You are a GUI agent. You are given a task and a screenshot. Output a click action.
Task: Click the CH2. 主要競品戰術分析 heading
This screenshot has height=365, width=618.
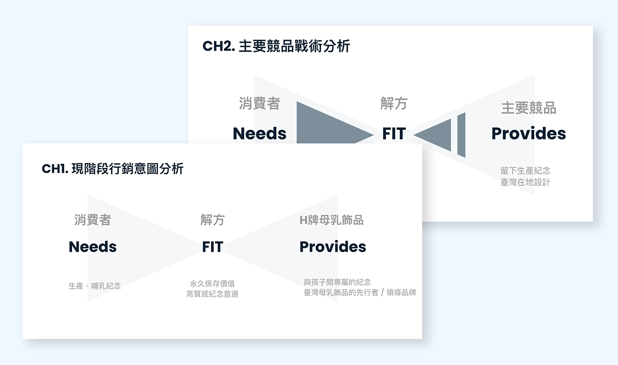276,47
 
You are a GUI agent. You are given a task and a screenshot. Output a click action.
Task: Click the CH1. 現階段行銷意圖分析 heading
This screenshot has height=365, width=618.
113,169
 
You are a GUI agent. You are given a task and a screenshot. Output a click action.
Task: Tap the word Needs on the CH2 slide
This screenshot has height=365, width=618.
259,133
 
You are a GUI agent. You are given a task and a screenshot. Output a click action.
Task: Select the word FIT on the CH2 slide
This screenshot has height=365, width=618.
394,133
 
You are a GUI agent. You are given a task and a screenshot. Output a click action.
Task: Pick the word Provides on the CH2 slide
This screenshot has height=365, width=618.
528,133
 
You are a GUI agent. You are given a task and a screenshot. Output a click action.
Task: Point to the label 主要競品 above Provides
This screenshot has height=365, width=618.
528,108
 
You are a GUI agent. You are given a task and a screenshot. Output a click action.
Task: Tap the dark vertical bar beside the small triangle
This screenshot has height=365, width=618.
461,134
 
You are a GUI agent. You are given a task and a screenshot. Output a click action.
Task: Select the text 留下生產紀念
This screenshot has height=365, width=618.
525,171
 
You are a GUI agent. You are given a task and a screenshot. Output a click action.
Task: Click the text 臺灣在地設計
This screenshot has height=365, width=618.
525,182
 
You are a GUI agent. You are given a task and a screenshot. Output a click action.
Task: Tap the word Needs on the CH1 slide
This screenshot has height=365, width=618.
93,247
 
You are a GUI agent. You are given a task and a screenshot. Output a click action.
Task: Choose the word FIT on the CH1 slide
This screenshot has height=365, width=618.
212,247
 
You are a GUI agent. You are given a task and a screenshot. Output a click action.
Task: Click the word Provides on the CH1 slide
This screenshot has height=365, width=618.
333,247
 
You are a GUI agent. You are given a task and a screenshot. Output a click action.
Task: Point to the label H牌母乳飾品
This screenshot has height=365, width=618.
331,220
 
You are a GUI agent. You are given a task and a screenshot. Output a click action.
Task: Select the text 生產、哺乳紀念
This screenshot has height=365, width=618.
95,286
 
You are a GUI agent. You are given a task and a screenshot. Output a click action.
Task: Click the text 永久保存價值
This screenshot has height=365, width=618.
212,284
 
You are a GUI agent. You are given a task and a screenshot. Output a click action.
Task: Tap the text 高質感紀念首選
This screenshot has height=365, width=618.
212,294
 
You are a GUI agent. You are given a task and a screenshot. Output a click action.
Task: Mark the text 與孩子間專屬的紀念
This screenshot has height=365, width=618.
337,282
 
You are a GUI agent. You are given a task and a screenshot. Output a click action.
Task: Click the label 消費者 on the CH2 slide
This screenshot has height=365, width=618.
259,104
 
